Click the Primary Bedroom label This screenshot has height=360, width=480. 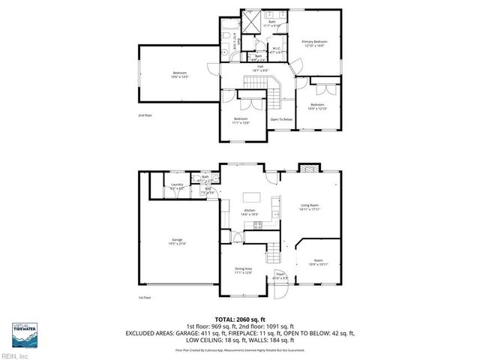pyautogui.click(x=315, y=43)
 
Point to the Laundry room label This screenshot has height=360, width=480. pyautogui.click(x=177, y=185)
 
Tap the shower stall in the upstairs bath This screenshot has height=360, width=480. pyautogui.click(x=255, y=17)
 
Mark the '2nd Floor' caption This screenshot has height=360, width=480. pyautogui.click(x=144, y=115)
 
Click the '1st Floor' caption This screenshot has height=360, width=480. pyautogui.click(x=144, y=298)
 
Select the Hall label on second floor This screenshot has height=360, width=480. pyautogui.click(x=260, y=67)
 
